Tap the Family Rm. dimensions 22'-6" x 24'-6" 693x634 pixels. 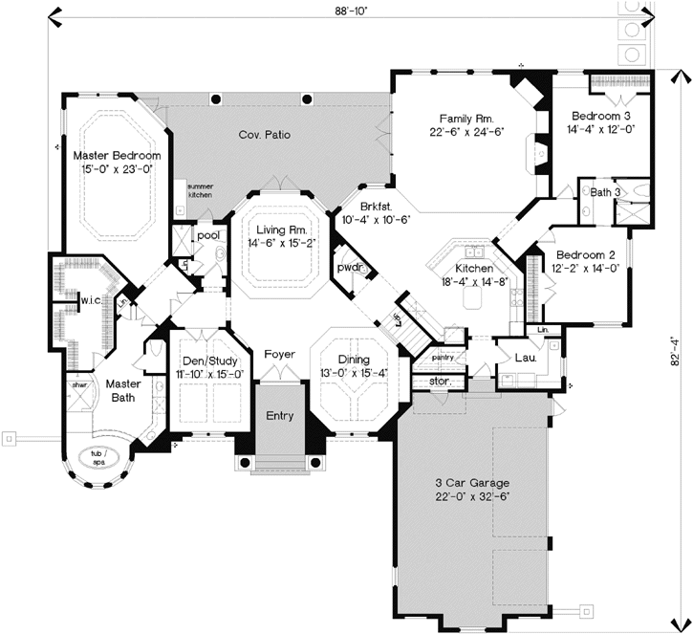pos(466,132)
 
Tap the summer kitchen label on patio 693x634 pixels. pos(200,190)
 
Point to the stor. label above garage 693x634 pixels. pos(439,381)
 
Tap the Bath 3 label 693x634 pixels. pos(605,192)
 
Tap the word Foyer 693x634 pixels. pos(279,354)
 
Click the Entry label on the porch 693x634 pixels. pos(279,416)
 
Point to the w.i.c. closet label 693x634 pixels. pos(91,300)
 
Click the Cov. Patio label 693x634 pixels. pos(264,135)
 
